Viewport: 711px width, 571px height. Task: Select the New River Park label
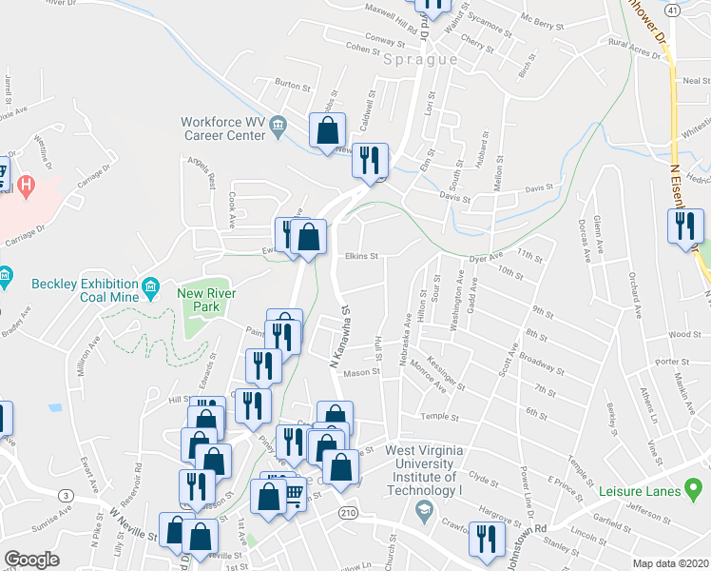tap(200, 301)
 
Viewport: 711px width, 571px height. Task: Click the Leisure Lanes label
tap(641, 491)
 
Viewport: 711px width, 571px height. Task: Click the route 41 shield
tap(672, 9)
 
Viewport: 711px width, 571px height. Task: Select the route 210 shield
tap(349, 512)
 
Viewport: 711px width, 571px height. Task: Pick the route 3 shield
tap(65, 495)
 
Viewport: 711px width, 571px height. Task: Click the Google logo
tap(32, 560)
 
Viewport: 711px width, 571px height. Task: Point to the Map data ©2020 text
tap(670, 563)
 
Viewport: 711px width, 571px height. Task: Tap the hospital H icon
tap(27, 183)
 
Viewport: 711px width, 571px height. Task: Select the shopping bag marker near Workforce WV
tap(327, 132)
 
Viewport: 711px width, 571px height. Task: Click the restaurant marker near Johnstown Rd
tap(488, 539)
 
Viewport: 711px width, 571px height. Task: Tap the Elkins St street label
tap(361, 256)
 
